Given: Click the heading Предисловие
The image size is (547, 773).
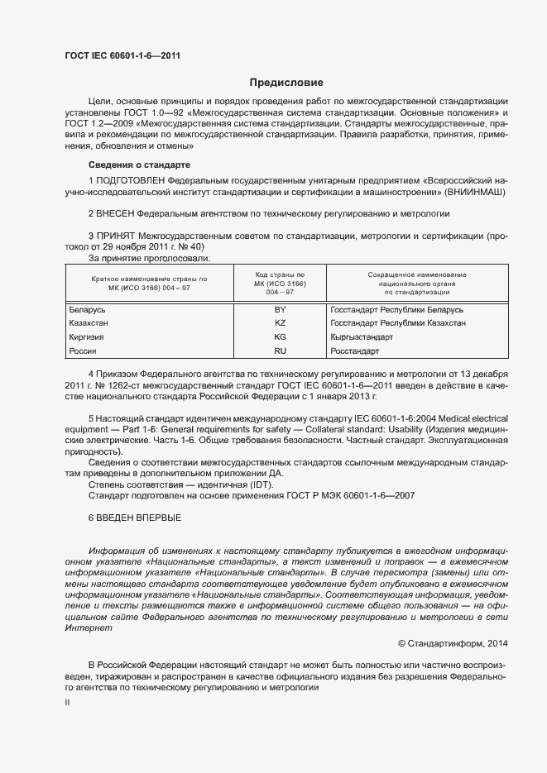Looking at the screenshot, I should click(287, 83).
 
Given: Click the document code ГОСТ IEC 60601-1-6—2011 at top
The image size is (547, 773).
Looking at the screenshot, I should click(122, 56).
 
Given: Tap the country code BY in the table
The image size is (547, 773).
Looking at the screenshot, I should click(280, 309).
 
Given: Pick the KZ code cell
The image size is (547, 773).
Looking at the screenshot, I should click(280, 323).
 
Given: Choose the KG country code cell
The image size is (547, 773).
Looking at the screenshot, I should click(280, 337).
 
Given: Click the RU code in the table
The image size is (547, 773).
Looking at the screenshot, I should click(280, 351).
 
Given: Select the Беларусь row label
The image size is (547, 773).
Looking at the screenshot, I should click(87, 309).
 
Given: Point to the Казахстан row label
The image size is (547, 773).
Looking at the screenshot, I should click(89, 323).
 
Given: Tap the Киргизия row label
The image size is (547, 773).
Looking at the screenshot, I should click(87, 337).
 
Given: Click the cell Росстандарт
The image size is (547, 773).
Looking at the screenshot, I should click(354, 351).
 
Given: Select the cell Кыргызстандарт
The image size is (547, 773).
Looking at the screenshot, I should click(362, 337).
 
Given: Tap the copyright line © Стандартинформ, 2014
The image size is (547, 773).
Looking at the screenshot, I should click(453, 643).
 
